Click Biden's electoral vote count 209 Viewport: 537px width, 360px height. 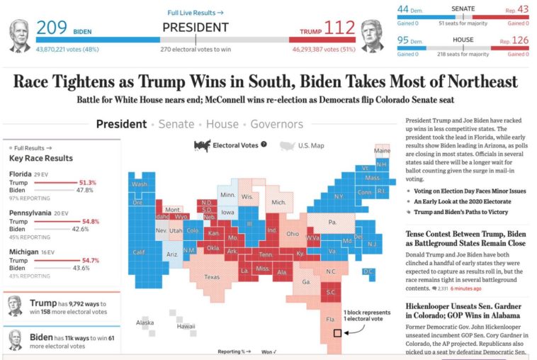pos(52,28)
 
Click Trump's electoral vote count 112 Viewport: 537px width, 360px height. pos(339,28)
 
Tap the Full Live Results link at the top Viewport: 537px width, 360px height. pos(196,13)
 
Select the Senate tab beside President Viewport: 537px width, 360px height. pos(176,124)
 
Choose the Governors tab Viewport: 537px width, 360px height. pos(276,124)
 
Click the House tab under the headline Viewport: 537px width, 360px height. pos(222,124)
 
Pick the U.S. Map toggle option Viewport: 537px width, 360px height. pos(310,145)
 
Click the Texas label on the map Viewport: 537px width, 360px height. pos(212,277)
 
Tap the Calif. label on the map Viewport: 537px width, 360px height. pos(140,252)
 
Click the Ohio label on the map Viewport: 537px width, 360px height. pos(292,233)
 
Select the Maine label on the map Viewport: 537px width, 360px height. pos(383,151)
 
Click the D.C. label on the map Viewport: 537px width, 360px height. pos(368,271)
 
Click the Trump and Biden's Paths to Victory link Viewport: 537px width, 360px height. pos(462,212)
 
